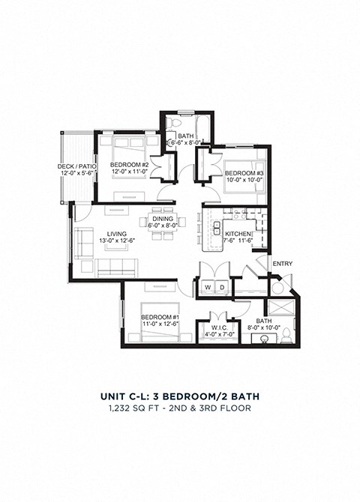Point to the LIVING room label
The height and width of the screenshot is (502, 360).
point(117,234)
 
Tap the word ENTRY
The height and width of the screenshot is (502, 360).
point(282,263)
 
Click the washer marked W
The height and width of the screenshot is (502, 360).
point(206,287)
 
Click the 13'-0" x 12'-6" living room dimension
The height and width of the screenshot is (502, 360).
point(117,241)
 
